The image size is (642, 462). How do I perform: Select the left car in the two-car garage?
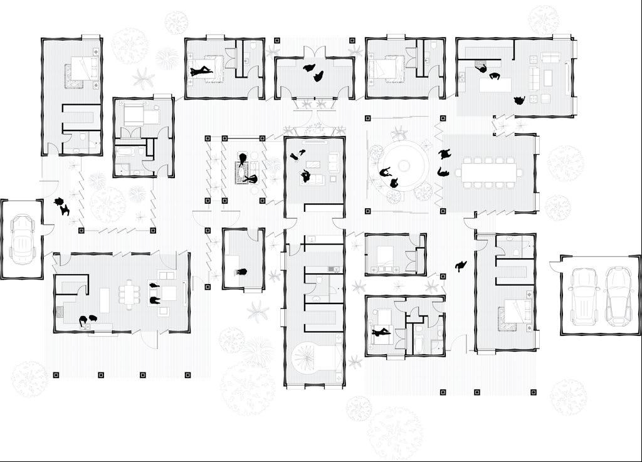583,295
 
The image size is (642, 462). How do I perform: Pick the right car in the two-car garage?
618,295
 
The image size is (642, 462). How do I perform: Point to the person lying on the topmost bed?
203,71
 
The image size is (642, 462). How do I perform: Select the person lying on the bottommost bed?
381,333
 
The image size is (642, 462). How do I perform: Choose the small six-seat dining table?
130,293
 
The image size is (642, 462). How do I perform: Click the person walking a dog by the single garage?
61,206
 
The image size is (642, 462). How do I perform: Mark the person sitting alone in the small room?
241,273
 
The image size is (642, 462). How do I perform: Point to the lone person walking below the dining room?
461,265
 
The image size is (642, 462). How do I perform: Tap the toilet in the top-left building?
84,139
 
